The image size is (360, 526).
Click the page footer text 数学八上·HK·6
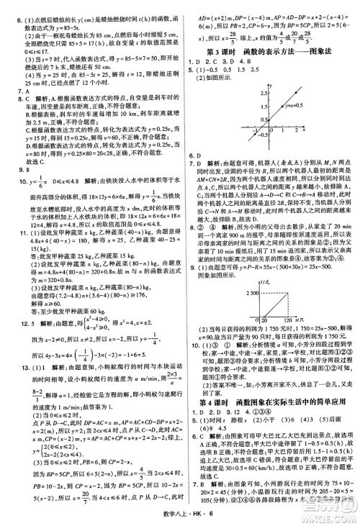click(180, 515)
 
